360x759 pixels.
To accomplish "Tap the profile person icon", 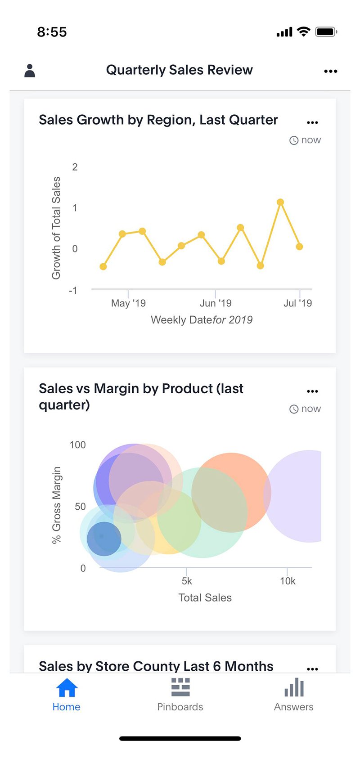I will click(x=30, y=71).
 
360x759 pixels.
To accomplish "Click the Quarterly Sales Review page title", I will click(x=179, y=70).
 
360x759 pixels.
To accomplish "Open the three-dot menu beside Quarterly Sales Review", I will click(x=330, y=71).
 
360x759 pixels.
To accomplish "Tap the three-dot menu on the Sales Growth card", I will click(x=312, y=122).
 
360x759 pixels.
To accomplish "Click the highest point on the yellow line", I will click(x=280, y=202).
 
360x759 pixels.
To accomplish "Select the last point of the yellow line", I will click(x=299, y=247).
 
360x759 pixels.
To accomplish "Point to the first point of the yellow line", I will click(x=103, y=266).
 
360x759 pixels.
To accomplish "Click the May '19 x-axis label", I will click(x=128, y=303).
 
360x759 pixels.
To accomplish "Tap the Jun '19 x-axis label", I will click(x=216, y=303).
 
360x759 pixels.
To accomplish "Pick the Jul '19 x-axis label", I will click(x=297, y=303).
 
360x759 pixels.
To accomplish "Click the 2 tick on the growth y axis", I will click(x=75, y=167).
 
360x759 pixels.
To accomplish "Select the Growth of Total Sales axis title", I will click(x=56, y=228).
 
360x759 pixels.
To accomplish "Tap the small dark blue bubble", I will click(x=104, y=539).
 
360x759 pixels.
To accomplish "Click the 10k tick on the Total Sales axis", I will click(x=288, y=581).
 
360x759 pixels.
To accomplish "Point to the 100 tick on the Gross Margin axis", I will click(x=77, y=445).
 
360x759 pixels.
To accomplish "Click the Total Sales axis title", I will click(x=205, y=597).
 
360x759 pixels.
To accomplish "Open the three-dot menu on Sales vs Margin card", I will click(x=312, y=391).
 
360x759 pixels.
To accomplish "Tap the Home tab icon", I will click(x=67, y=687).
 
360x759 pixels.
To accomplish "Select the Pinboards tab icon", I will click(x=180, y=687).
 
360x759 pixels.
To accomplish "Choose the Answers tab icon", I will click(x=294, y=687).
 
